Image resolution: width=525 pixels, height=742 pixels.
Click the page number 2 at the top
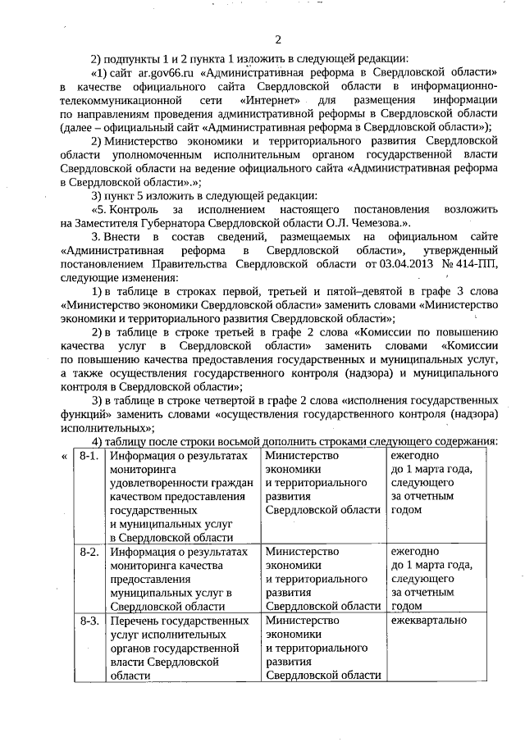278,41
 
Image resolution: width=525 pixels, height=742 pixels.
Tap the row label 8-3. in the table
90,621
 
